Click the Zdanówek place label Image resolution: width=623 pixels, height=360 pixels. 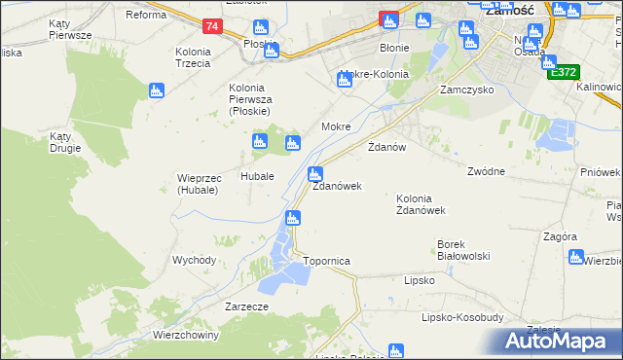(x=337, y=186)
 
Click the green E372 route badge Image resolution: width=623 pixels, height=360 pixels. (x=563, y=72)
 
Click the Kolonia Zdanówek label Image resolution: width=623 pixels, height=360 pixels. (x=421, y=203)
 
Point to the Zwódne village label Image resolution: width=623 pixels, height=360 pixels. (x=486, y=171)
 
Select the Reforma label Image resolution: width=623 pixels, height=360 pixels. (x=146, y=15)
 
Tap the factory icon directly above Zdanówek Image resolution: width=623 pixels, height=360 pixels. (x=314, y=174)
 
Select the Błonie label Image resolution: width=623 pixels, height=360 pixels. (x=394, y=47)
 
